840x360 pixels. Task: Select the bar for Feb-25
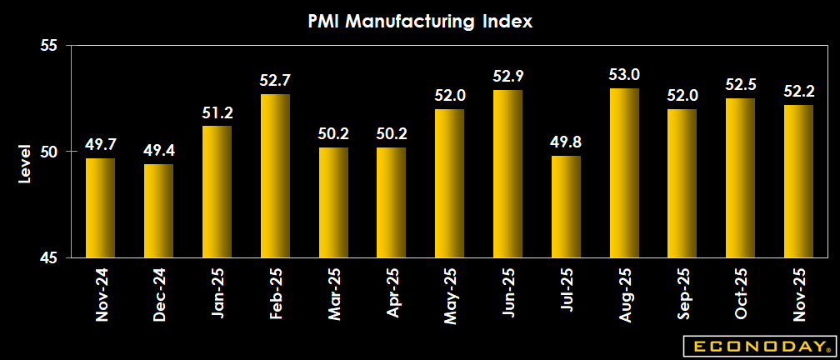(x=275, y=176)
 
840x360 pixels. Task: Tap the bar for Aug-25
(x=624, y=172)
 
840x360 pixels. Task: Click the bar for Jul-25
(x=566, y=207)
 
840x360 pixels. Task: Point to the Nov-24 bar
(x=101, y=207)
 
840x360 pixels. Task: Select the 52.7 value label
(x=275, y=82)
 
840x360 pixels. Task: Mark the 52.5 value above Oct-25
(x=740, y=86)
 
